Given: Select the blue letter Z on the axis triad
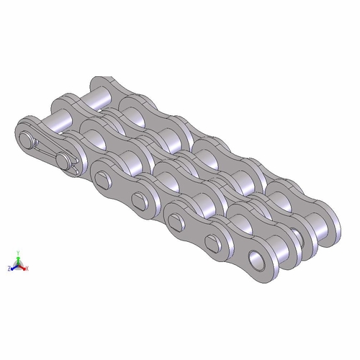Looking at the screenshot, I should [9, 268].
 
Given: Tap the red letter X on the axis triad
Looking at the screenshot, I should [28, 268].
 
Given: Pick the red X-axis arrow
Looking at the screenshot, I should [24, 267].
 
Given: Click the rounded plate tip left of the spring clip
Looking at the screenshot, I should [18, 133].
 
